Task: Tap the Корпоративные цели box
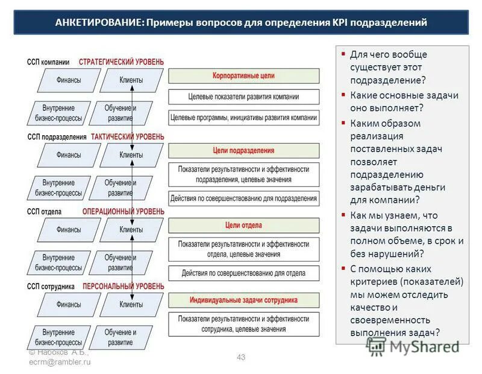pyautogui.click(x=243, y=76)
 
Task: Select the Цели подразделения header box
pyautogui.click(x=243, y=150)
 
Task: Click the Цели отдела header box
pyautogui.click(x=243, y=225)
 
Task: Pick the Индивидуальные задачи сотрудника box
pyautogui.click(x=243, y=300)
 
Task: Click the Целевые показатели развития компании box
pyautogui.click(x=243, y=97)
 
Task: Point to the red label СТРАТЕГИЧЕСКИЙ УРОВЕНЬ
pyautogui.click(x=121, y=62)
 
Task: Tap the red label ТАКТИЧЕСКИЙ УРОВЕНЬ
pyautogui.click(x=127, y=137)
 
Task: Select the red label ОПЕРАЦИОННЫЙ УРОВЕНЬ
pyautogui.click(x=122, y=212)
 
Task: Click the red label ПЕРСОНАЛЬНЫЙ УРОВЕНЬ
pyautogui.click(x=123, y=286)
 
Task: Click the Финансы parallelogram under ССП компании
pyautogui.click(x=69, y=80)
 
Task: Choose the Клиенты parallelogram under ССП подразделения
pyautogui.click(x=131, y=155)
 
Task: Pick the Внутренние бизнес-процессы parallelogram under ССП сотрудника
pyautogui.click(x=58, y=337)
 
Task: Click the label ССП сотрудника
pyautogui.click(x=51, y=286)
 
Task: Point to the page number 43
pyautogui.click(x=241, y=357)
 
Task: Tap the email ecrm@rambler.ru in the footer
pyautogui.click(x=59, y=361)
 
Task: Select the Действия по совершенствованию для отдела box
pyautogui.click(x=243, y=273)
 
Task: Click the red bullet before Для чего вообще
pyautogui.click(x=343, y=54)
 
